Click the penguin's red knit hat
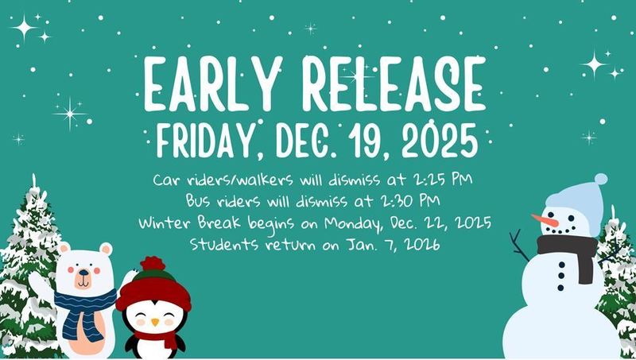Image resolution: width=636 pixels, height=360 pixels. coord(153,291)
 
